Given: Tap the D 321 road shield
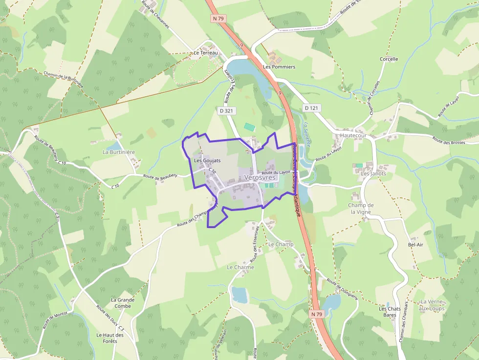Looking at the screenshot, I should [x=226, y=111].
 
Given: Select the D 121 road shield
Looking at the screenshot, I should [x=311, y=107].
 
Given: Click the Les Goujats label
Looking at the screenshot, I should [x=207, y=160].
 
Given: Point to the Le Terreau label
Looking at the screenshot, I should [x=205, y=53].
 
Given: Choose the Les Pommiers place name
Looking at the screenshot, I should [x=279, y=66].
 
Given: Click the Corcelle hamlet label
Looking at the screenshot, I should [x=389, y=59].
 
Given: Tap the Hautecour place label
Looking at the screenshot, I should [x=353, y=135].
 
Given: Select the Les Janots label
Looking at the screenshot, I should [x=373, y=173].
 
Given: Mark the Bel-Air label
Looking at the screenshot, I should [x=415, y=245].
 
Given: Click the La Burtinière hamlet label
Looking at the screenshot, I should [x=118, y=152].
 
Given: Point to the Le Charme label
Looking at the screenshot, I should [x=240, y=268].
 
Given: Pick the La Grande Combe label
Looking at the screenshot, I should [x=123, y=303].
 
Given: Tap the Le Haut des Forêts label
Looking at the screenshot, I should [x=110, y=338].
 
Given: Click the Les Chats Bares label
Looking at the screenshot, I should [x=390, y=312].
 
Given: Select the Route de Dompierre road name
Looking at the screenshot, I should [x=342, y=290].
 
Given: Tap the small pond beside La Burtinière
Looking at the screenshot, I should [x=114, y=145].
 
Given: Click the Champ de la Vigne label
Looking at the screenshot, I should [x=361, y=209].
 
